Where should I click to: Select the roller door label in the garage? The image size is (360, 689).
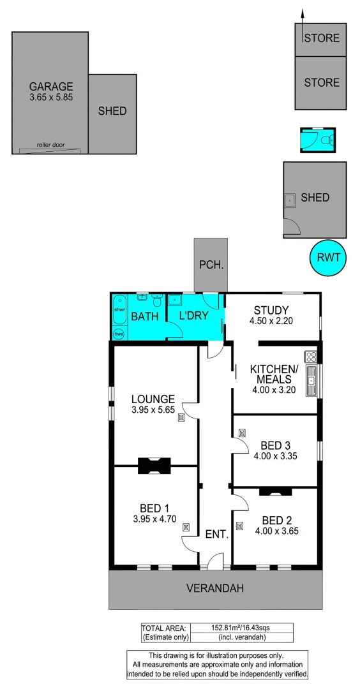[50, 145]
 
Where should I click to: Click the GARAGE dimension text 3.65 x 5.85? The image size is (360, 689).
[51, 98]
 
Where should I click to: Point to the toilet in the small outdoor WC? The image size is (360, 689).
[327, 139]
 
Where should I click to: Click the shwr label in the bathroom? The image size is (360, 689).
[119, 309]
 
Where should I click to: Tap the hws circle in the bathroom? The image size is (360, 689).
[119, 333]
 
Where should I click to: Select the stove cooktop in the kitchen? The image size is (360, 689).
[311, 357]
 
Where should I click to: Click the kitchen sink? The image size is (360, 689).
[311, 382]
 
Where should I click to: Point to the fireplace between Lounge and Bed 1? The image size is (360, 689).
[155, 466]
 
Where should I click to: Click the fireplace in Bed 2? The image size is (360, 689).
[276, 491]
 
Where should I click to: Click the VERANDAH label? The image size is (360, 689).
[215, 588]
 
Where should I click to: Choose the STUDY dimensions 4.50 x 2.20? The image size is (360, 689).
[271, 321]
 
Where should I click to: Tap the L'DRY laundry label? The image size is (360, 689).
[194, 316]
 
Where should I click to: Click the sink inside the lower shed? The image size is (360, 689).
[290, 200]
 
